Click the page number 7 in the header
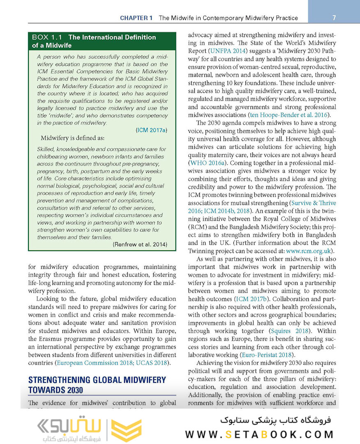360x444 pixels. point(334,18)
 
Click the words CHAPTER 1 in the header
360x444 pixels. point(136,18)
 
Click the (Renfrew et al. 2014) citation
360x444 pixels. point(140,245)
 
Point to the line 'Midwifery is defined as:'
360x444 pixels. point(72,138)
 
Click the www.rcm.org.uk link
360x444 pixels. point(309,251)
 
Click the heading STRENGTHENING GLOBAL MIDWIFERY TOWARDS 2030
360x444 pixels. point(97,385)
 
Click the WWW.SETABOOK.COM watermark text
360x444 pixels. point(259,435)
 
